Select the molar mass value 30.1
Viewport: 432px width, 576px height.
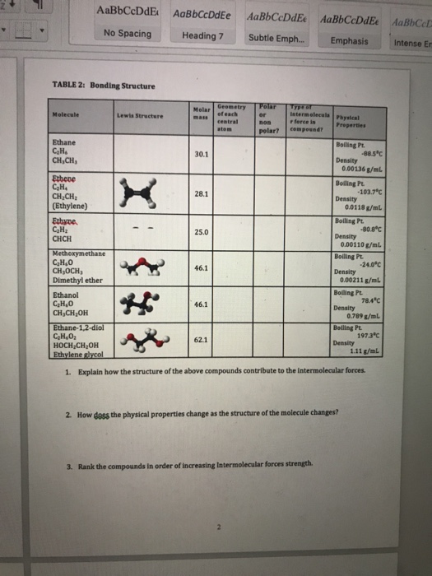tap(202, 154)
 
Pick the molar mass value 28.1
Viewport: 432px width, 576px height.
tap(202, 194)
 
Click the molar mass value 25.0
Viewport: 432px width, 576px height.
tap(202, 234)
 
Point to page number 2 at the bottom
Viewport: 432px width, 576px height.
tap(220, 527)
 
